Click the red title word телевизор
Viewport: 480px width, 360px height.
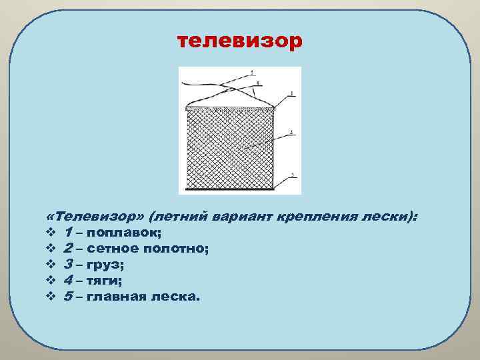239,42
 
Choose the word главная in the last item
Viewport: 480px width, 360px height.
117,297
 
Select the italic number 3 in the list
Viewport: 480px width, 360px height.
69,265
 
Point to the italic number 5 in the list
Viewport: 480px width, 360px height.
69,297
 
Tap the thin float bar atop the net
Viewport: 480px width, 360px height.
229,109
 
